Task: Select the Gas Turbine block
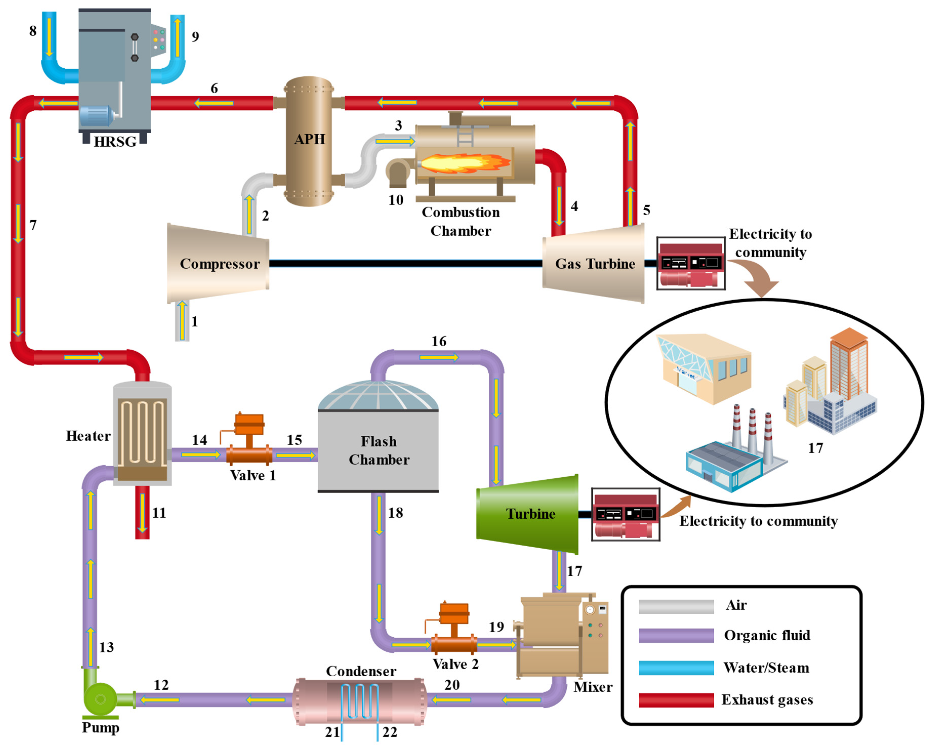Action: point(594,264)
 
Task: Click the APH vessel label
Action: point(309,139)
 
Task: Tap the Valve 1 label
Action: point(253,475)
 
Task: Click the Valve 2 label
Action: point(456,664)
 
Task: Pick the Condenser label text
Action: point(361,671)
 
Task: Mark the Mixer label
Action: point(592,687)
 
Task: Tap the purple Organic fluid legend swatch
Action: point(676,636)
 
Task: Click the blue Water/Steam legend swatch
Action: point(676,668)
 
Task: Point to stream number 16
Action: point(439,341)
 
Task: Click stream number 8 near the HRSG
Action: point(33,31)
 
